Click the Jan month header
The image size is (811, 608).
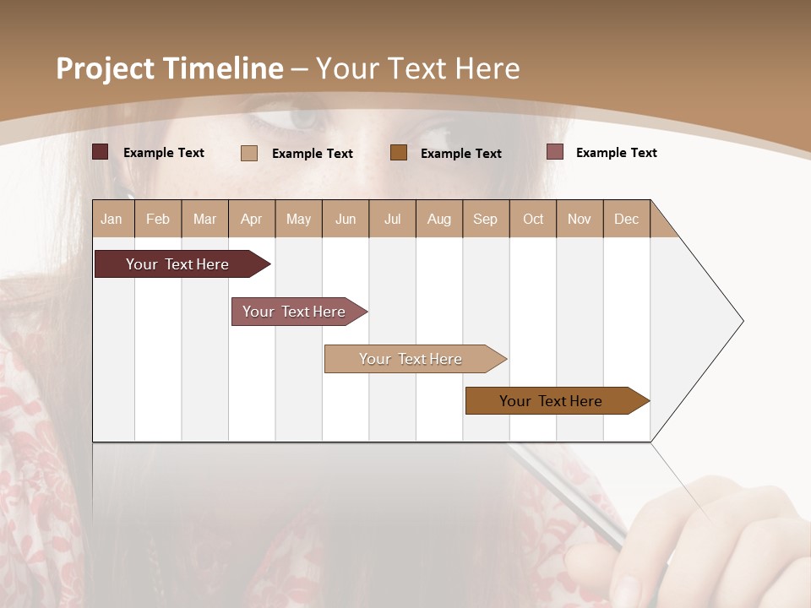[x=112, y=219]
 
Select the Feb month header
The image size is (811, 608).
[x=158, y=219]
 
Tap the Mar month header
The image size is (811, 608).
[x=204, y=219]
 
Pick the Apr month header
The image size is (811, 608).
[x=252, y=219]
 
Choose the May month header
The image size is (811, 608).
[x=298, y=219]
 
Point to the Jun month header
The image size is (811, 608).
[x=346, y=219]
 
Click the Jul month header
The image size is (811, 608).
[x=392, y=219]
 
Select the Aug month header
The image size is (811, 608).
[x=439, y=219]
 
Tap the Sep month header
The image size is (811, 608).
[x=486, y=219]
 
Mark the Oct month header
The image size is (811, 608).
[x=533, y=219]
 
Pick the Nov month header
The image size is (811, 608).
[x=580, y=219]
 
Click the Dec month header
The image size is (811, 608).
[x=627, y=219]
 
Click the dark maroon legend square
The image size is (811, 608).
[x=101, y=152]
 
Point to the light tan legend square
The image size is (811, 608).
[x=249, y=153]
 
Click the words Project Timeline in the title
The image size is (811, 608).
[x=170, y=68]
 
